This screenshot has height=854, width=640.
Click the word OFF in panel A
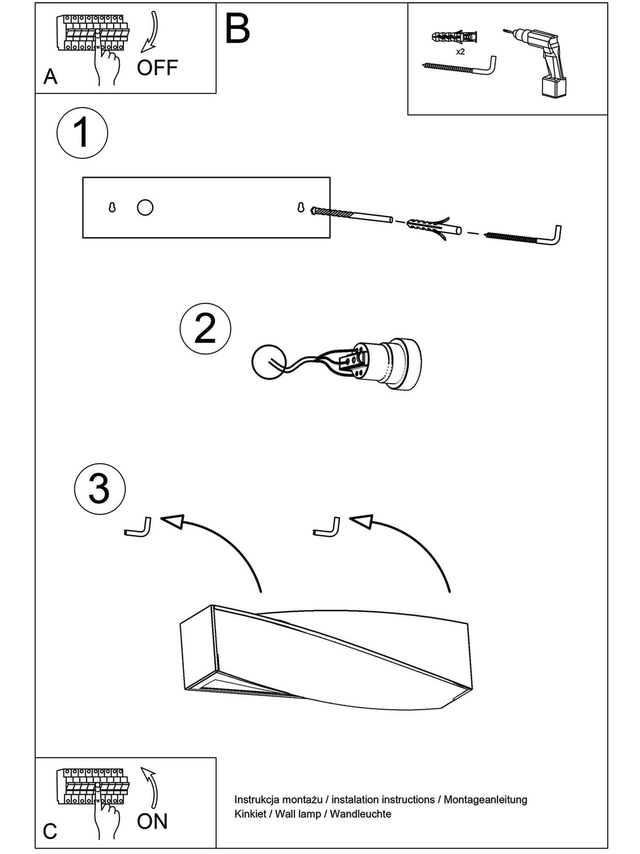point(157,68)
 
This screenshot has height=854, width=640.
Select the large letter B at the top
point(237,29)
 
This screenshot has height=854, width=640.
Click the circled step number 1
point(82,133)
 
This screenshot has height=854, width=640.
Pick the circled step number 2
point(205,328)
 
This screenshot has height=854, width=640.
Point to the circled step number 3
point(99,489)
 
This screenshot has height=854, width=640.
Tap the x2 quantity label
point(460,52)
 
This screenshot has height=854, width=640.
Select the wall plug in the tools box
point(454,37)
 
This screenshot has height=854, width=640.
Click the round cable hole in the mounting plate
point(145,208)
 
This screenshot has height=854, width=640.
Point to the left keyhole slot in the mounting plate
point(112,208)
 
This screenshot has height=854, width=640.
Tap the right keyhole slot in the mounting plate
point(301,208)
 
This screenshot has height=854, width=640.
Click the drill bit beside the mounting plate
point(352,215)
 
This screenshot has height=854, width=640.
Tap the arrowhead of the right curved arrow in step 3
point(362,521)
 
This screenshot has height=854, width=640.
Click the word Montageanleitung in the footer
point(485,799)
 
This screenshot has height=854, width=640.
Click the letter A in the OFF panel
point(50,77)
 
